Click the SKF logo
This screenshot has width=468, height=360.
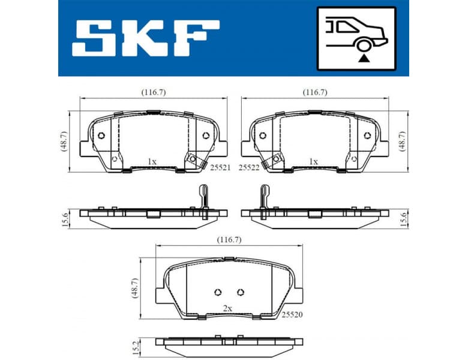[x=146, y=38]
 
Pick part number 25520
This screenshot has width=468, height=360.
[x=291, y=313]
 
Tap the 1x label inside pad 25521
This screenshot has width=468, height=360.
[x=152, y=161]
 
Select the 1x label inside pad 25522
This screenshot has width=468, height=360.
[x=313, y=161]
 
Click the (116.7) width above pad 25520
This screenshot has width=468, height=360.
[x=229, y=239]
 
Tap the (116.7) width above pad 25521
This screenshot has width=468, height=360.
[x=154, y=92]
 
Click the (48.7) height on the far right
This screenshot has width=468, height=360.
[x=403, y=141]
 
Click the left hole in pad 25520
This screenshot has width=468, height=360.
[x=217, y=292]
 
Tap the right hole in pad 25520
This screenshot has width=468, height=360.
[x=240, y=292]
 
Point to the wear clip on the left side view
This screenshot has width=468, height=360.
[x=202, y=196]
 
